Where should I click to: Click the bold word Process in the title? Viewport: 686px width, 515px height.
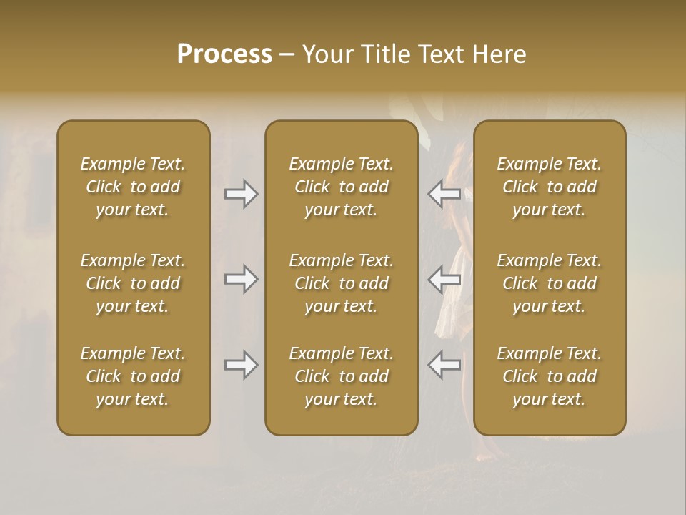[224, 54]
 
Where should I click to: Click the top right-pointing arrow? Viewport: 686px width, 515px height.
[242, 194]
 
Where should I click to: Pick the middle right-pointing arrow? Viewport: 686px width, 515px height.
[242, 278]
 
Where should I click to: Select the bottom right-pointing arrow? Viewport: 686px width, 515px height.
[242, 365]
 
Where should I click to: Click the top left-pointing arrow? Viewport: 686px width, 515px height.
[444, 194]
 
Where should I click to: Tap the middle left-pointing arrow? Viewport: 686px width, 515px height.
[444, 278]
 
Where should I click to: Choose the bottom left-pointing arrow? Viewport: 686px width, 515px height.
[444, 365]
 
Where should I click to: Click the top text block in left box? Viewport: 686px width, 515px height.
[133, 187]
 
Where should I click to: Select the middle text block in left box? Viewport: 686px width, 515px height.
[133, 283]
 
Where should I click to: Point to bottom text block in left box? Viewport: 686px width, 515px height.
[133, 376]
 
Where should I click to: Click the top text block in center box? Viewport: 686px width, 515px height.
[341, 187]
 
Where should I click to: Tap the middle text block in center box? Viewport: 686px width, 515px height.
[341, 283]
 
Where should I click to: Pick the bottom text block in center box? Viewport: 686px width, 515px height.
[341, 376]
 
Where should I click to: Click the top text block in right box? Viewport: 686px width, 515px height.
[550, 187]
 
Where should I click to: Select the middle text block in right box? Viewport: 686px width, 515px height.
[550, 283]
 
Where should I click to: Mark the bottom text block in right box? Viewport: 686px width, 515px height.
[550, 376]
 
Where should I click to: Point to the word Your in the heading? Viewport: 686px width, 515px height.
[327, 54]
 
